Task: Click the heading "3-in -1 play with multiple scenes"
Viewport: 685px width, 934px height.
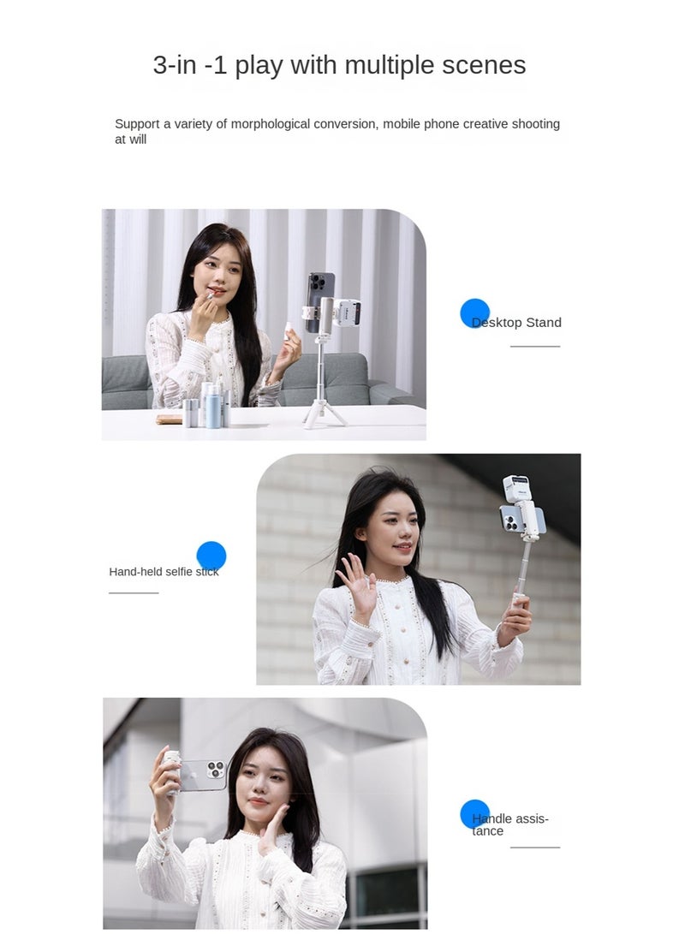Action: coord(339,65)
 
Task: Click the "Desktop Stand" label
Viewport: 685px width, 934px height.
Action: coord(516,323)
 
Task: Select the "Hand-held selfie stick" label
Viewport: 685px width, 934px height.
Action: coord(164,572)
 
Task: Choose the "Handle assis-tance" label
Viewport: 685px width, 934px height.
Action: coord(510,824)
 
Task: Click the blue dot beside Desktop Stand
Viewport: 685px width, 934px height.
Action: coord(474,313)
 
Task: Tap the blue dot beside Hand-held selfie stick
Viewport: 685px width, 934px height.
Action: coord(211,556)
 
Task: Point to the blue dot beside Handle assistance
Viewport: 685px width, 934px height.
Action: coord(474,814)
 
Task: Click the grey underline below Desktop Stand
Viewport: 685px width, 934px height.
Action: coord(535,347)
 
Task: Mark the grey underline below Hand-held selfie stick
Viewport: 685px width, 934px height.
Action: coord(134,592)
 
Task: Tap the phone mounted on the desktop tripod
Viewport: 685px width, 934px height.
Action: coord(319,301)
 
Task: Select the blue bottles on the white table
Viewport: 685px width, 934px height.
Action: coord(213,406)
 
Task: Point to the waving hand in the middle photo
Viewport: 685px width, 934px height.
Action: coord(355,583)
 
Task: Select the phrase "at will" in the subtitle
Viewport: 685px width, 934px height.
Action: coord(131,140)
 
